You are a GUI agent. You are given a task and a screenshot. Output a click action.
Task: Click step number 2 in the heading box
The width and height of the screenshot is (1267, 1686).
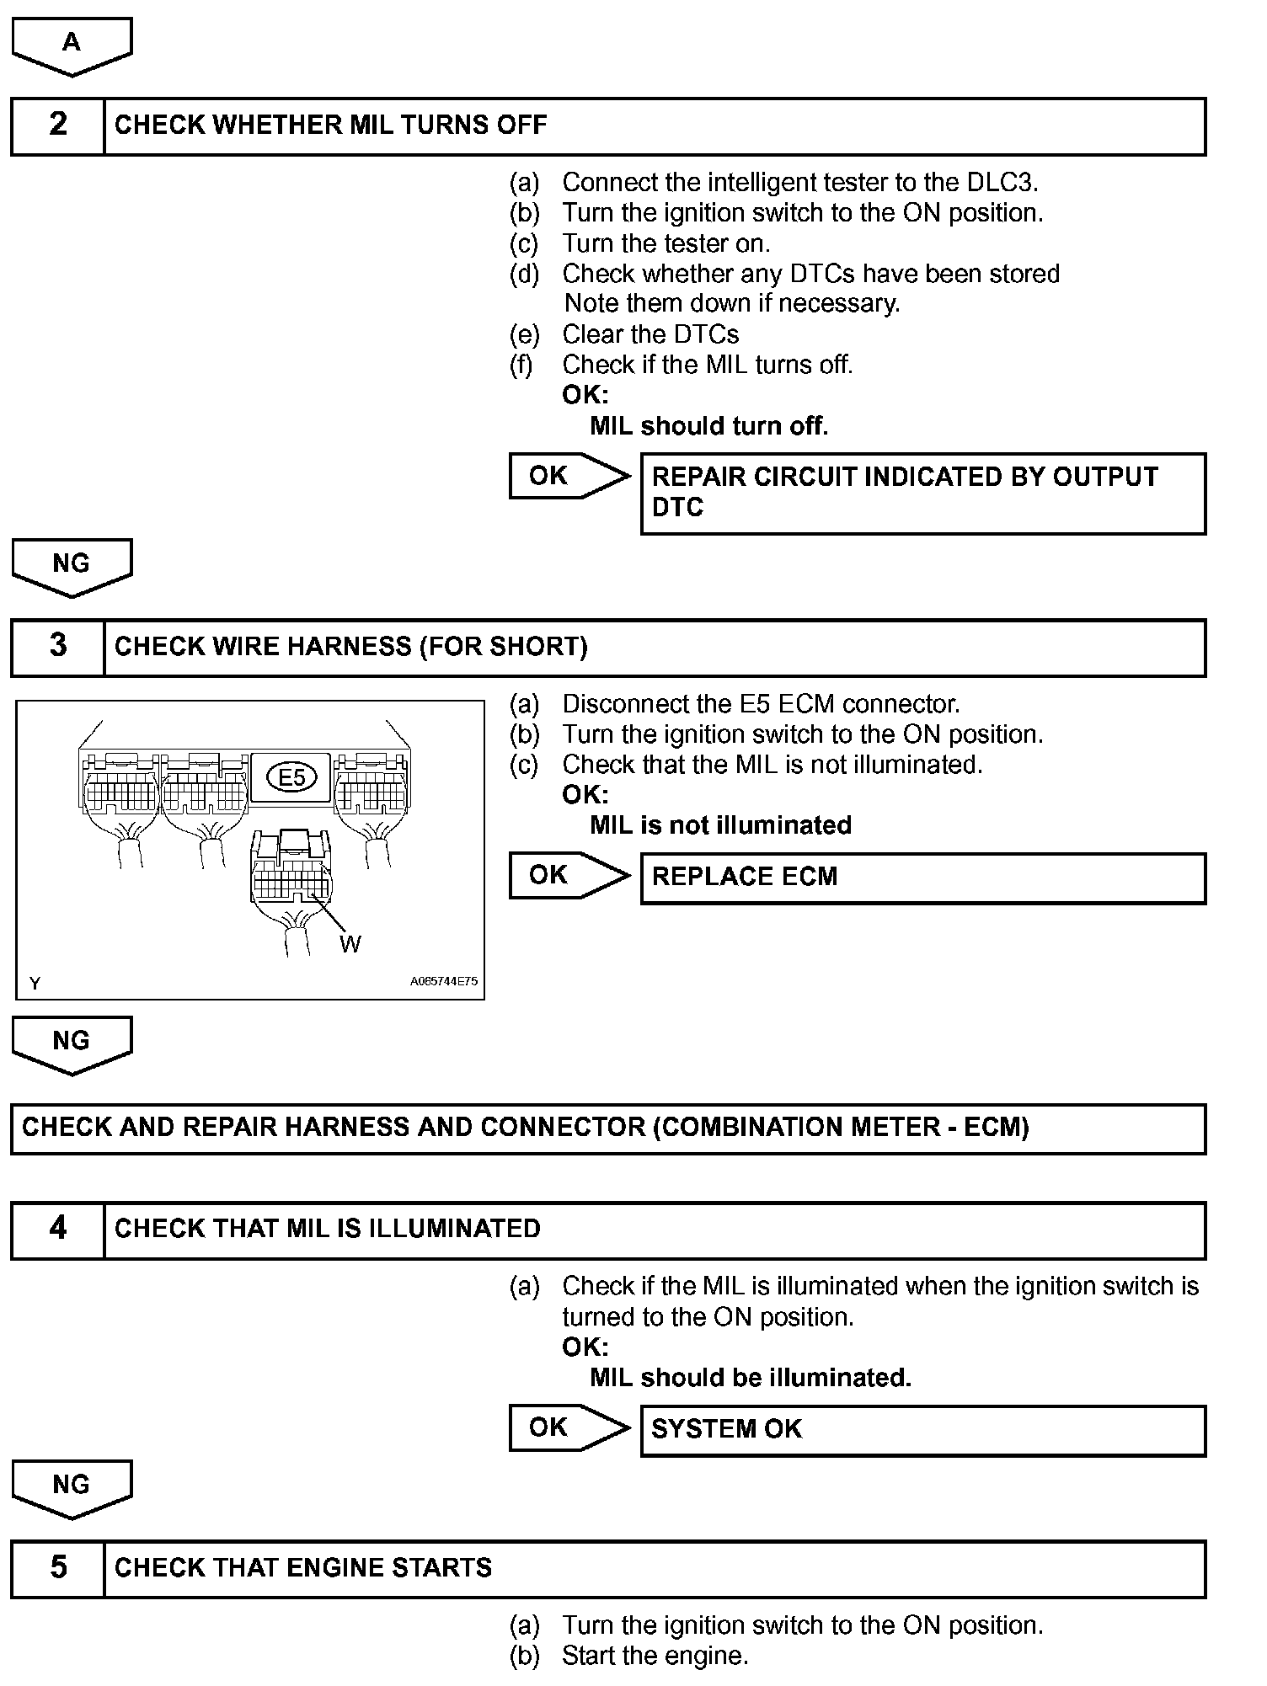pos(57,125)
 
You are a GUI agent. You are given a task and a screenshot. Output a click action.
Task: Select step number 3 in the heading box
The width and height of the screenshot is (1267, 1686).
pos(57,647)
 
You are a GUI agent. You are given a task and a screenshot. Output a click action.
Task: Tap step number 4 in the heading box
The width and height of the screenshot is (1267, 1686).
pos(57,1229)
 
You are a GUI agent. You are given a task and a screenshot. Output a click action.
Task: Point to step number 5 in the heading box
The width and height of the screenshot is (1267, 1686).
pos(57,1568)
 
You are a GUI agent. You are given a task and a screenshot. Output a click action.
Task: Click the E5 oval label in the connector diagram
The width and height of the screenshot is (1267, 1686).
pos(291,776)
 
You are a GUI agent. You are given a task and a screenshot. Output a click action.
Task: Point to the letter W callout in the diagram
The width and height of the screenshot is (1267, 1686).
pos(350,944)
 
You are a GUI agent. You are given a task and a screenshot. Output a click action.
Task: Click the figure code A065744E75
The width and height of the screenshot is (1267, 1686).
pos(444,981)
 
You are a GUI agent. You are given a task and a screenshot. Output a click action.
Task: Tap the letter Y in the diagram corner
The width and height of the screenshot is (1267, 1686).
pos(35,983)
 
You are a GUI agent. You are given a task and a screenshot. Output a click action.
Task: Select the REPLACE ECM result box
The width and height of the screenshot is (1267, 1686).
pos(922,878)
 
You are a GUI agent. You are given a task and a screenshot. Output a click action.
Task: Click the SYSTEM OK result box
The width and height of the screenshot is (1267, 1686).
pos(922,1430)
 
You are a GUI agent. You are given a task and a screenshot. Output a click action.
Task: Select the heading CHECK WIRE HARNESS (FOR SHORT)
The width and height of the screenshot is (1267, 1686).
pos(350,647)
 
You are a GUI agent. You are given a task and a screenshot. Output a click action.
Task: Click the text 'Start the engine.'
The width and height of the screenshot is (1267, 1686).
pos(655,1656)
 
